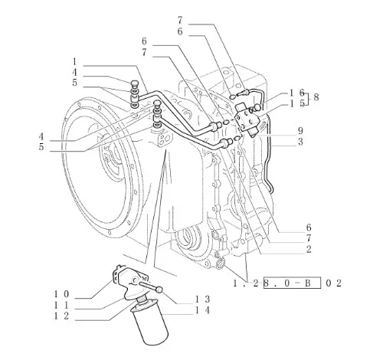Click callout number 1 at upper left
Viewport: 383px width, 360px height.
(74, 61)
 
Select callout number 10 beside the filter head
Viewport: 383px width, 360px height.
(61, 294)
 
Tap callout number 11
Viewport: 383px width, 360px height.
(61, 305)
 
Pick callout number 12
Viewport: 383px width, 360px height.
(61, 316)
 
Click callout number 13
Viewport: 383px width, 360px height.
(203, 299)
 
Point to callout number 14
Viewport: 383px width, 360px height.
(203, 310)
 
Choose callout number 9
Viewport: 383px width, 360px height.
(300, 131)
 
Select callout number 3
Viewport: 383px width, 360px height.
(300, 142)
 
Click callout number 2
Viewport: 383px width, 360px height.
(309, 249)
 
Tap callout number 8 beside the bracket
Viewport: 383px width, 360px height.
(316, 97)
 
